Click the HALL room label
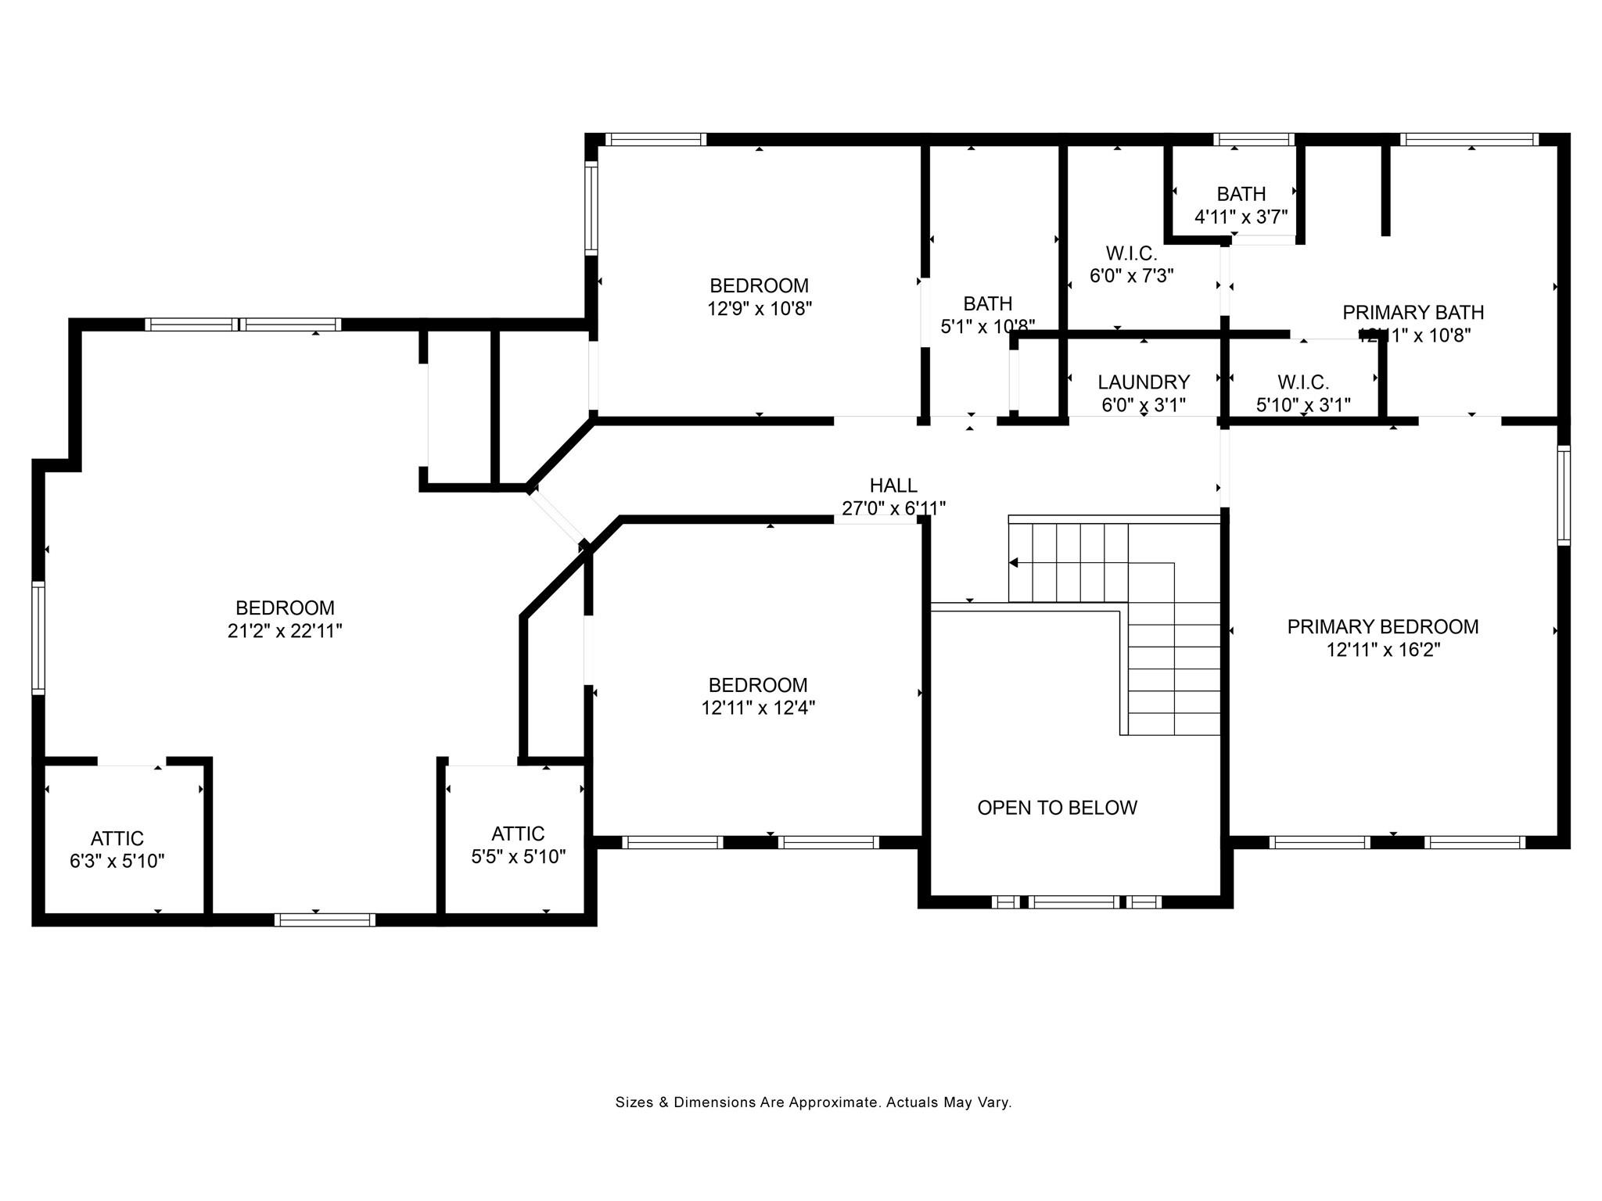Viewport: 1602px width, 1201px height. click(893, 486)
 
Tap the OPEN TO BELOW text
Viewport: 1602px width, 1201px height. click(1057, 808)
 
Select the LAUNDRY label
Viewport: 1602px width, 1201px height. click(1144, 382)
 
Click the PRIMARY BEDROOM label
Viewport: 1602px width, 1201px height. click(1382, 627)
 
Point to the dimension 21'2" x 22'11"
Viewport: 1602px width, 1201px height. click(285, 631)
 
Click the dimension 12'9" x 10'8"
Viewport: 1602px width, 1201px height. click(760, 309)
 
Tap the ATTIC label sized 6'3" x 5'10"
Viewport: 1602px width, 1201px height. click(117, 839)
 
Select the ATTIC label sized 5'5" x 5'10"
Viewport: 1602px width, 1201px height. click(518, 834)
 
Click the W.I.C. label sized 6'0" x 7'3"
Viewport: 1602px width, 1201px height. click(1131, 254)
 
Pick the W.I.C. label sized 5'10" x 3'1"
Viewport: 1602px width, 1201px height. click(1303, 382)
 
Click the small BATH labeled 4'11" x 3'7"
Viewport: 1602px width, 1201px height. click(1241, 194)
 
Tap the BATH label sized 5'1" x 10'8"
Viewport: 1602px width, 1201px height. click(987, 303)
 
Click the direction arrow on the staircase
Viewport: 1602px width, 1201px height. click(1014, 562)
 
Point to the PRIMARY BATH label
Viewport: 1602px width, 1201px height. click(1413, 313)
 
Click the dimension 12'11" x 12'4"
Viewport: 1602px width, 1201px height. click(758, 708)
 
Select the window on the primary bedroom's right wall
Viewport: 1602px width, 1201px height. click(1563, 495)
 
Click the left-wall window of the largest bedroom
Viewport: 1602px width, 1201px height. click(38, 637)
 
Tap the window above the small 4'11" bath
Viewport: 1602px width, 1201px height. click(1254, 140)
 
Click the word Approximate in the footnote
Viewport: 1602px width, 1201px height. click(833, 1102)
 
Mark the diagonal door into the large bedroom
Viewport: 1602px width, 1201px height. click(558, 517)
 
